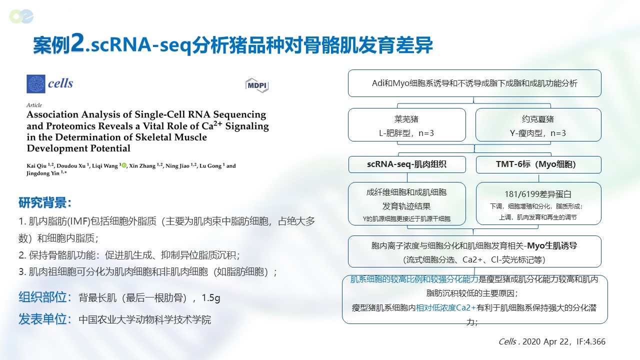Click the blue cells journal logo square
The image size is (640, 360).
point(35,84)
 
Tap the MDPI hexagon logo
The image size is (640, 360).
point(257,85)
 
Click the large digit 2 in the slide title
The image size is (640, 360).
point(77,43)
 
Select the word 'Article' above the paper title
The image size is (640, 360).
point(34,105)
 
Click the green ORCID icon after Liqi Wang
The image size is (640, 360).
point(124,165)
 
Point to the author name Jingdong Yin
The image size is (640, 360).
point(43,173)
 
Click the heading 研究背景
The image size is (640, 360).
point(44,202)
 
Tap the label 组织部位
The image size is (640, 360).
point(45,297)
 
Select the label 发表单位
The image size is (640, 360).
point(45,319)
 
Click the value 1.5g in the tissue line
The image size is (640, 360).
point(211,298)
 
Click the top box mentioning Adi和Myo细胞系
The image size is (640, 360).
point(474,83)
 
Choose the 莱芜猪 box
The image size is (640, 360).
point(407,124)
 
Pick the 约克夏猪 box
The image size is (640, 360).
point(538,124)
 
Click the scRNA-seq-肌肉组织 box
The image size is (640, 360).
point(407,164)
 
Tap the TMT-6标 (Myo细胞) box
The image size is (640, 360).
point(538,164)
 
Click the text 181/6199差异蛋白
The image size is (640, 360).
point(537,194)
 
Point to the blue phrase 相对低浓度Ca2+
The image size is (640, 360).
point(445,307)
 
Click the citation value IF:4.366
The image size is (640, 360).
point(591,341)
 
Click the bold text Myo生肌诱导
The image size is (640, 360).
point(552,245)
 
